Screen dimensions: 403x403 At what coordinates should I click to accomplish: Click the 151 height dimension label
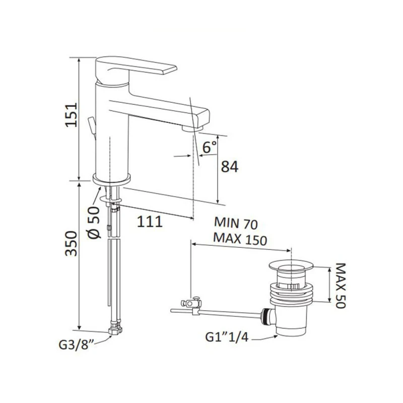pyautogui.click(x=71, y=115)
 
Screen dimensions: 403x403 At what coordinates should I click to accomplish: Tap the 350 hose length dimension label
pyautogui.click(x=71, y=244)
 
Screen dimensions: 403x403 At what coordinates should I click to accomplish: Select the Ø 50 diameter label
pyautogui.click(x=94, y=223)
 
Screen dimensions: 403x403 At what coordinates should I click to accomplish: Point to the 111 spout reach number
pyautogui.click(x=150, y=222)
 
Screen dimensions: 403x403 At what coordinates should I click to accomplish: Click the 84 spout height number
pyautogui.click(x=230, y=167)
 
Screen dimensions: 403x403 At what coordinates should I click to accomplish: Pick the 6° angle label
pyautogui.click(x=210, y=147)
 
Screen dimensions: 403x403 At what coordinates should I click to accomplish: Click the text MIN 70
pyautogui.click(x=236, y=223)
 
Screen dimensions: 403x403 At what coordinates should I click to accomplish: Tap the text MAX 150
pyautogui.click(x=240, y=239)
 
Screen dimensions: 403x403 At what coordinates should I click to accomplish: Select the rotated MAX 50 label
pyautogui.click(x=341, y=285)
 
